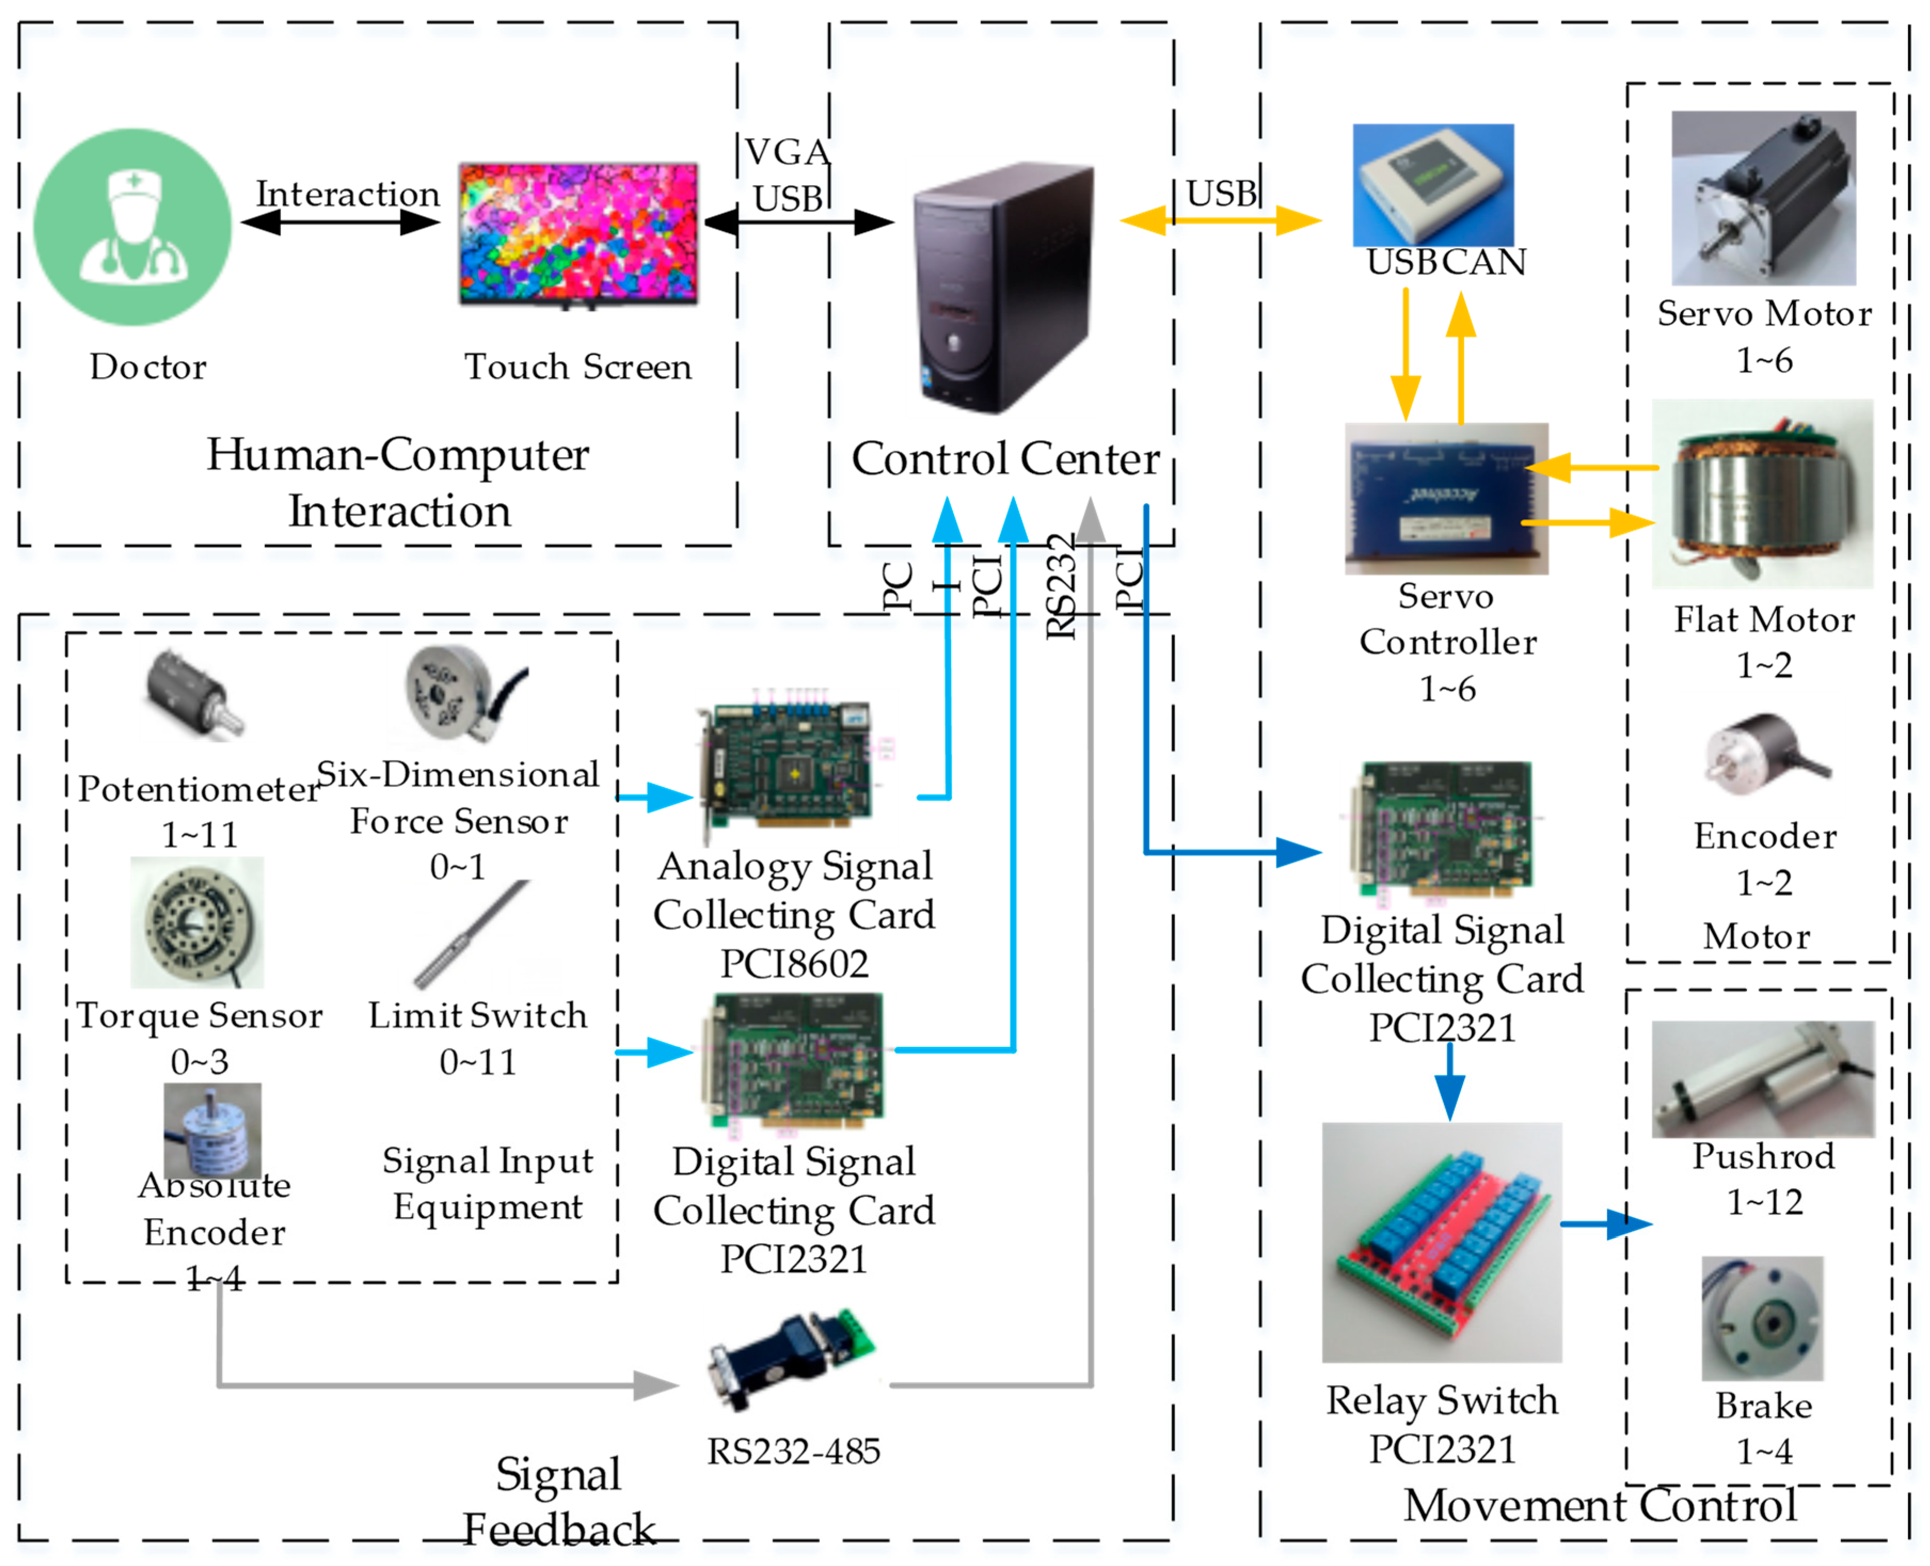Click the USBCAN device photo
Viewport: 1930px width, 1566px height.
tap(1432, 185)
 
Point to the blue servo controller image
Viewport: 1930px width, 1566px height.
tap(1446, 498)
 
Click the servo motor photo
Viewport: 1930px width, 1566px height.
tap(1763, 198)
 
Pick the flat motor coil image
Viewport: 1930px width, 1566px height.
tap(1761, 494)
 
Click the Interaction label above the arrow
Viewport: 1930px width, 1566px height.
tap(347, 194)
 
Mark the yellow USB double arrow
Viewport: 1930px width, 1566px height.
tap(1219, 220)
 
